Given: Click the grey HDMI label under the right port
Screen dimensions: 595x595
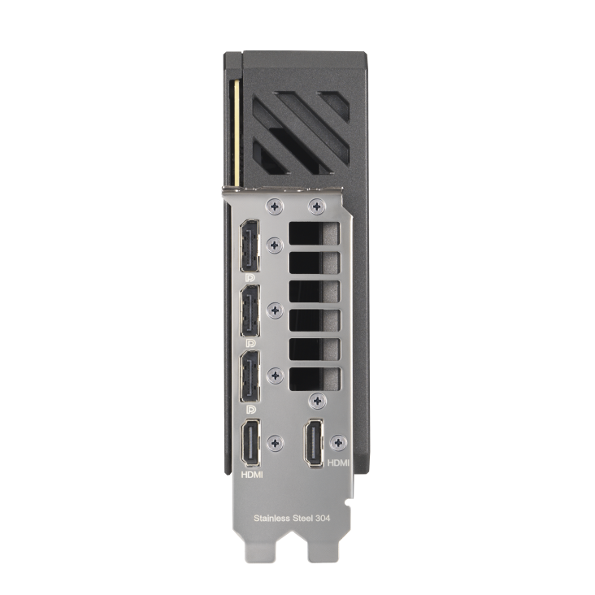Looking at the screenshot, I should click(337, 462).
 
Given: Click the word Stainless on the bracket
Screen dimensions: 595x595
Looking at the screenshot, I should click(274, 517).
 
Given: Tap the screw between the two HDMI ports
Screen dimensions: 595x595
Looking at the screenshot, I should click(276, 442).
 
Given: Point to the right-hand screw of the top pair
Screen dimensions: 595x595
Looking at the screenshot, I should click(315, 206).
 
